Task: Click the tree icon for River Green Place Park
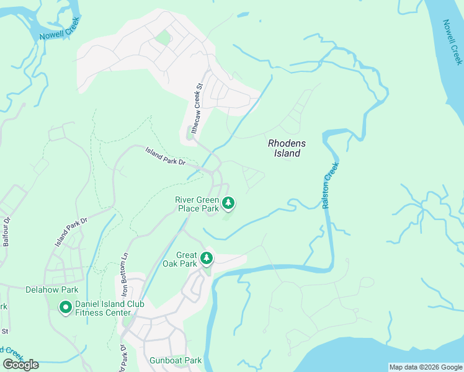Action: click(x=229, y=203)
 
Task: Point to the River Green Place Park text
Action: click(x=197, y=204)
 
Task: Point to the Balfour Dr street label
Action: click(x=7, y=231)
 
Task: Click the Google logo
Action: click(x=20, y=365)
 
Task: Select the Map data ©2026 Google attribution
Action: click(x=425, y=367)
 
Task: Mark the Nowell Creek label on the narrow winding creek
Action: click(x=60, y=33)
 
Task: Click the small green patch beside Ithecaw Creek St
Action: click(x=190, y=133)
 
